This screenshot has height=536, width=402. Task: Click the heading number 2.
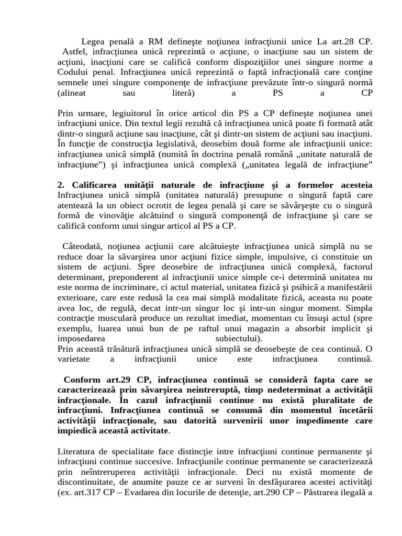tap(60, 185)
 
